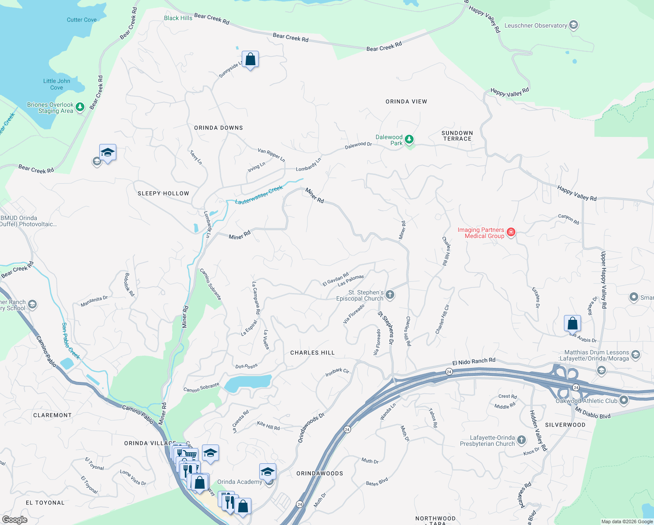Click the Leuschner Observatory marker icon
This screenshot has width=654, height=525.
pyautogui.click(x=573, y=25)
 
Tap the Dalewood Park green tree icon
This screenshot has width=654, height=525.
pyautogui.click(x=409, y=140)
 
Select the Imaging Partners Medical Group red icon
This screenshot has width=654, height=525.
pyautogui.click(x=511, y=232)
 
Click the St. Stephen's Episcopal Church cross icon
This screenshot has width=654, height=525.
pyautogui.click(x=390, y=295)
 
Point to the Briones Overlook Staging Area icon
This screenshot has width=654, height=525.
pyautogui.click(x=80, y=107)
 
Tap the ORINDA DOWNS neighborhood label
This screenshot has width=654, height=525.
pyautogui.click(x=218, y=128)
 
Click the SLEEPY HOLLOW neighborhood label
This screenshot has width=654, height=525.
pyautogui.click(x=163, y=193)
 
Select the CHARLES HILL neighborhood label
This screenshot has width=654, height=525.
pyautogui.click(x=312, y=353)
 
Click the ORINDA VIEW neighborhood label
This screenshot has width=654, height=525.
pyautogui.click(x=406, y=101)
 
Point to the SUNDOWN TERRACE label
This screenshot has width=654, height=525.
pyautogui.click(x=457, y=136)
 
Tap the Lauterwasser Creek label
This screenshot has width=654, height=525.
pyautogui.click(x=259, y=195)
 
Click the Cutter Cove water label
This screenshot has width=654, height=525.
pyautogui.click(x=81, y=20)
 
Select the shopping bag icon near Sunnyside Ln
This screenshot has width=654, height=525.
pyautogui.click(x=250, y=59)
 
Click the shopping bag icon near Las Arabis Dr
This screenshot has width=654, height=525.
pyautogui.click(x=572, y=324)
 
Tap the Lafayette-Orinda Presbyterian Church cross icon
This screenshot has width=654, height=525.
pyautogui.click(x=521, y=440)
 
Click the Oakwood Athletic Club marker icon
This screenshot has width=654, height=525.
pyautogui.click(x=623, y=400)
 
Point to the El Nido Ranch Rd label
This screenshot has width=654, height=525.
pyautogui.click(x=473, y=361)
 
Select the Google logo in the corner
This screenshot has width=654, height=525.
pyautogui.click(x=14, y=519)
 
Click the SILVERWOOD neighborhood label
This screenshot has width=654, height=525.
pyautogui.click(x=565, y=425)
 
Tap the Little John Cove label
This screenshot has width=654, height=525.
pyautogui.click(x=56, y=84)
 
